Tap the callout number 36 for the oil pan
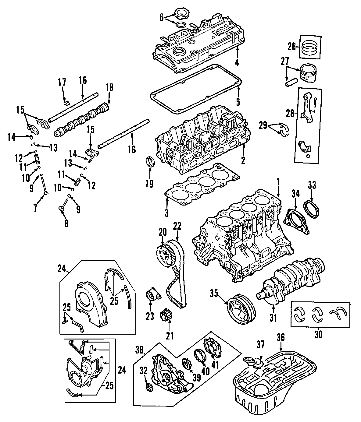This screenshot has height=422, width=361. pyautogui.click(x=281, y=337)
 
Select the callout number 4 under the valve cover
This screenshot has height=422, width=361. pyautogui.click(x=237, y=63)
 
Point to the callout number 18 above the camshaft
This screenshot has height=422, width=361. pyautogui.click(x=109, y=88)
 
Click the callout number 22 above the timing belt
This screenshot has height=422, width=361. pyautogui.click(x=177, y=226)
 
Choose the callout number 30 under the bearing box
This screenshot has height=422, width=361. pyautogui.click(x=318, y=334)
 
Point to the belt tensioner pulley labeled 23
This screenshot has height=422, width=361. pyautogui.click(x=152, y=296)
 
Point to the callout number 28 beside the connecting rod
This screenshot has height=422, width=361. pyautogui.click(x=290, y=114)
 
